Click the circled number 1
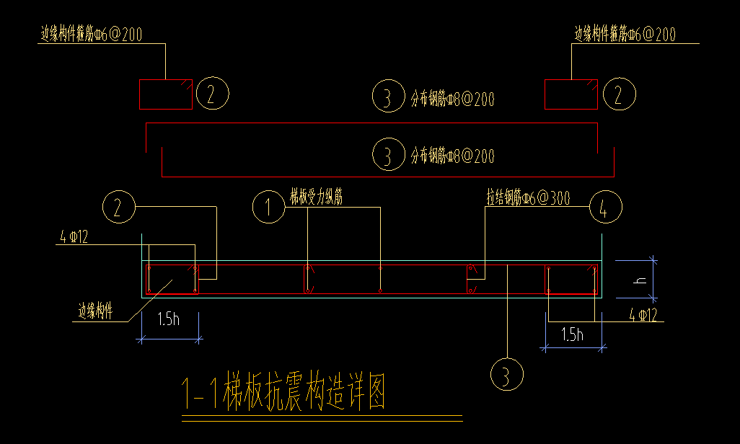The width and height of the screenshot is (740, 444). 269,208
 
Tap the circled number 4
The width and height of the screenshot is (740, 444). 605,208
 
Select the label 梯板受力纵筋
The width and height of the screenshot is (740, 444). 316,197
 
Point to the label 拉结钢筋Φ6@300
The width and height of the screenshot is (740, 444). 528,197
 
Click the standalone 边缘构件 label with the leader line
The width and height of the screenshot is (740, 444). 95,311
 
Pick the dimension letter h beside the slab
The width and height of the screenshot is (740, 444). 638,277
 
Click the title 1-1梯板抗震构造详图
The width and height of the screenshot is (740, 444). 283,394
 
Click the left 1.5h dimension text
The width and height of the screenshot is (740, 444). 167,319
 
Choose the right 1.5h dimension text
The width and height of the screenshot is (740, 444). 571,334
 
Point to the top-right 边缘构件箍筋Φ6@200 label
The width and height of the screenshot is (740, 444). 625,34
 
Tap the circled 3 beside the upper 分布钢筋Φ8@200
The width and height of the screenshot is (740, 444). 388,97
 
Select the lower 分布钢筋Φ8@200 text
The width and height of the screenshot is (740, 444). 452,155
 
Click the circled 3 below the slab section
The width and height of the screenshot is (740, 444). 506,375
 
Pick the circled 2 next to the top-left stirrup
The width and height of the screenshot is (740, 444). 212,94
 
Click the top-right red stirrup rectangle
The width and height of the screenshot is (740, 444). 571,94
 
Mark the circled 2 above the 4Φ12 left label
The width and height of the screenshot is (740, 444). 120,208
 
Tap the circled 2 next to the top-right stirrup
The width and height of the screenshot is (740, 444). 619,94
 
